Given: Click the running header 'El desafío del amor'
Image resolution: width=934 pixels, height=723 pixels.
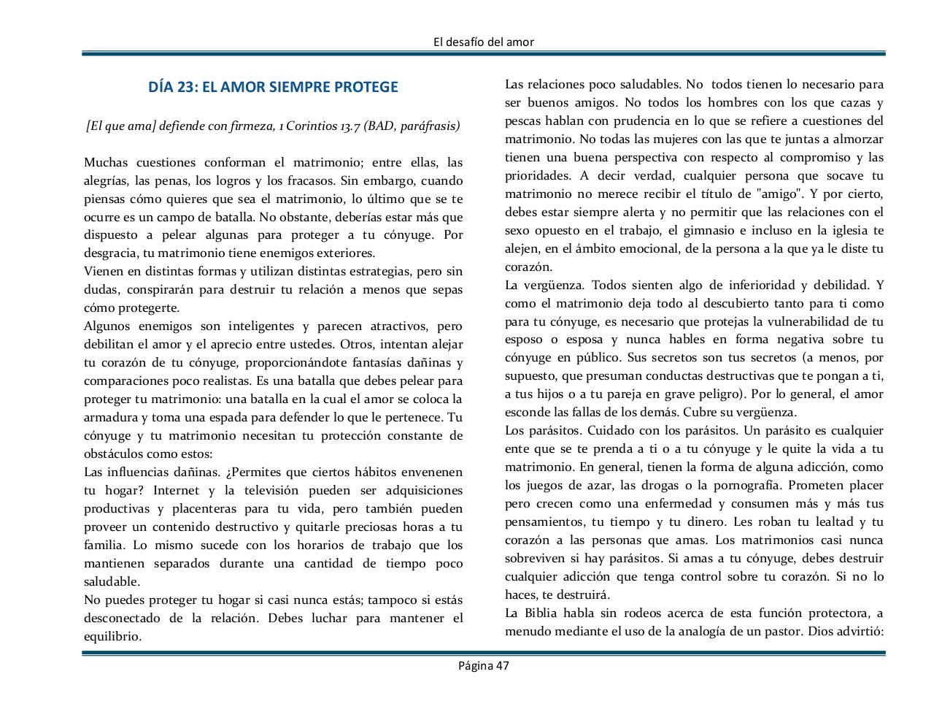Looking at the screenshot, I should (483, 42).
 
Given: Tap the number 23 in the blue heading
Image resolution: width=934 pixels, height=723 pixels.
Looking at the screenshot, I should (187, 88).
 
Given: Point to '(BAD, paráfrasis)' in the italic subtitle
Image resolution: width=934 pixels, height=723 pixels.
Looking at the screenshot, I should (412, 126).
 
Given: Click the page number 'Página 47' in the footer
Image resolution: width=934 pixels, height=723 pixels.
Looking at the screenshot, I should (483, 665).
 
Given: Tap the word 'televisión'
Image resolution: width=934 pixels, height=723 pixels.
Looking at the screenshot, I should (267, 491).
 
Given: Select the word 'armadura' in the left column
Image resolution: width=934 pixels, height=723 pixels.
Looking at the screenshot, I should (109, 418).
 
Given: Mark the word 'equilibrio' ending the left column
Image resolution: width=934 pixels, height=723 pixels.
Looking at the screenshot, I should (112, 637).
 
